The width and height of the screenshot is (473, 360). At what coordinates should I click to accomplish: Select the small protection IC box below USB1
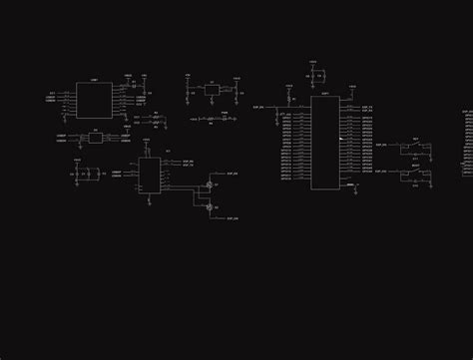tap(96, 138)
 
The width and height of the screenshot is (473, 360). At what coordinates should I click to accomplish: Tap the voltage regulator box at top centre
tap(213, 90)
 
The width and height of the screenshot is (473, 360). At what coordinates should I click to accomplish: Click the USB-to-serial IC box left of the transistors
tap(151, 175)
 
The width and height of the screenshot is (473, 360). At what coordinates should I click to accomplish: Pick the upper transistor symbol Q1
tap(210, 185)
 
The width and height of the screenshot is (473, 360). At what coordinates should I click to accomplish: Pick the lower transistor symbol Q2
tap(210, 206)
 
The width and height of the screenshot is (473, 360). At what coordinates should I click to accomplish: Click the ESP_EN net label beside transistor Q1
tap(232, 174)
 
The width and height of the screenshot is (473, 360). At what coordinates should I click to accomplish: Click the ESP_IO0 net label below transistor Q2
tap(232, 217)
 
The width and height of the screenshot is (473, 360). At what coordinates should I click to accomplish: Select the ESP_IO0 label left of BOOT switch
tap(379, 171)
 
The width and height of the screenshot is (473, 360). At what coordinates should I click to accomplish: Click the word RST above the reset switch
tap(415, 141)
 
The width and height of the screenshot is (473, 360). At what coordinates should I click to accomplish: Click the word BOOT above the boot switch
tap(415, 167)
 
